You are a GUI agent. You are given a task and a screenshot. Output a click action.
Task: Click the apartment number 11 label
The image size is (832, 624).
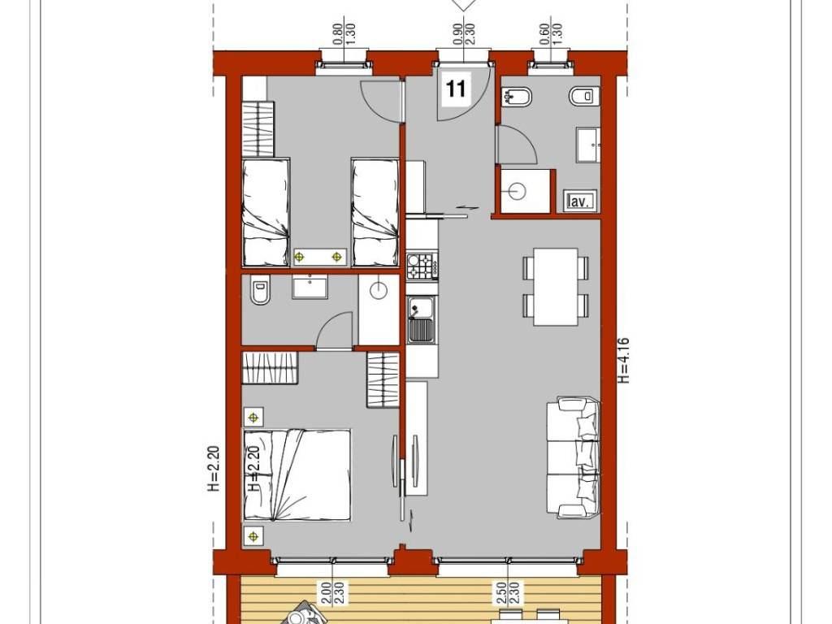(x=457, y=88)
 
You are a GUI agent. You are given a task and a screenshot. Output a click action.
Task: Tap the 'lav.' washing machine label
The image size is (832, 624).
(x=578, y=201)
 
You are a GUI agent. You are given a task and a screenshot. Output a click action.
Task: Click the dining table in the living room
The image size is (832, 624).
(x=556, y=286)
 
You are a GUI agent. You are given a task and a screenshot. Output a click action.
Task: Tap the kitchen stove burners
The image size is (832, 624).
(x=421, y=265)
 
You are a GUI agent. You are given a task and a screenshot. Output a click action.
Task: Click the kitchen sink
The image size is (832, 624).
(x=421, y=318)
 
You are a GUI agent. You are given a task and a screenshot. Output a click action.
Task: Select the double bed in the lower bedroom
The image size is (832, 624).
(x=297, y=474)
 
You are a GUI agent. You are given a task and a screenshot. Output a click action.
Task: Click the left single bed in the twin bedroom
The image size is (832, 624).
(x=266, y=211)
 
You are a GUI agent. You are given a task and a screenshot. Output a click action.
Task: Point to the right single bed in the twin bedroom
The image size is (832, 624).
(x=375, y=211)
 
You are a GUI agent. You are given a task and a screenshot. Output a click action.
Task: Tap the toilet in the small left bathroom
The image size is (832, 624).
(x=260, y=292)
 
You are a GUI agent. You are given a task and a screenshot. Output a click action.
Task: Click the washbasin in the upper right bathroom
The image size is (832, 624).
(x=588, y=144)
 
